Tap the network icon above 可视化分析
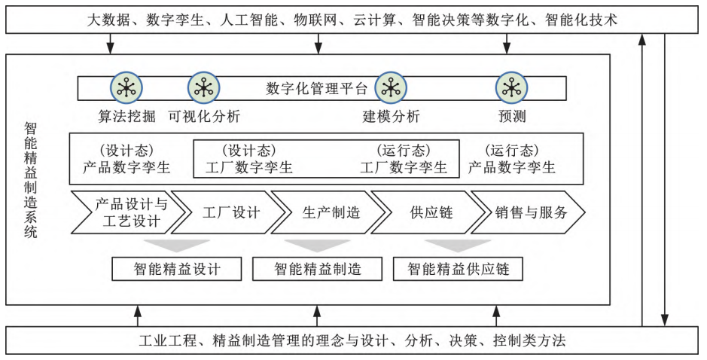(x=203, y=88)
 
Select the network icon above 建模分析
(x=391, y=88)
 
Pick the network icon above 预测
(x=511, y=88)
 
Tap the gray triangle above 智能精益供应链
(x=458, y=245)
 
